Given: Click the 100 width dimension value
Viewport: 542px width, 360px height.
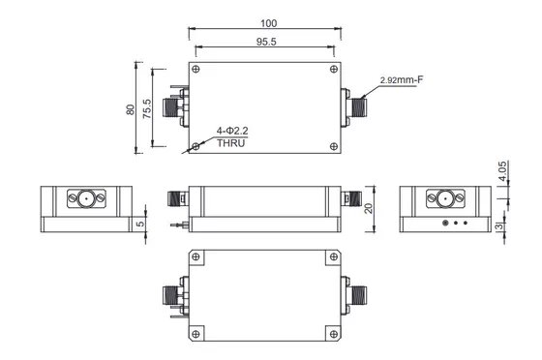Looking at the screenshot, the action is coord(269,23).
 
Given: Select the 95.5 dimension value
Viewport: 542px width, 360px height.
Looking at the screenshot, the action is coord(266,42).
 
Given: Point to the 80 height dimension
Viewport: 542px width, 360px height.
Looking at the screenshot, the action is coord(131,109).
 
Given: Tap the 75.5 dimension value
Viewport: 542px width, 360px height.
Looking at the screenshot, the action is coord(147,108).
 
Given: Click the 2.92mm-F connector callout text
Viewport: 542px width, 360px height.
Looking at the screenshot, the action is coord(402,80).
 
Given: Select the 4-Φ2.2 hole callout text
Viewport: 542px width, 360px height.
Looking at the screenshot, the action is coord(232,131).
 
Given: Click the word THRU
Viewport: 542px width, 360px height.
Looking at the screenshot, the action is coord(231,143).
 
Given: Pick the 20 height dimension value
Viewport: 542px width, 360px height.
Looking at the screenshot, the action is coord(369,208).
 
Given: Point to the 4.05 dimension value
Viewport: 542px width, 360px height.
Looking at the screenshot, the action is coord(502,170).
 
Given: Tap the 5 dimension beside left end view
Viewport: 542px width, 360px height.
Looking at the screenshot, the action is coord(140,224).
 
